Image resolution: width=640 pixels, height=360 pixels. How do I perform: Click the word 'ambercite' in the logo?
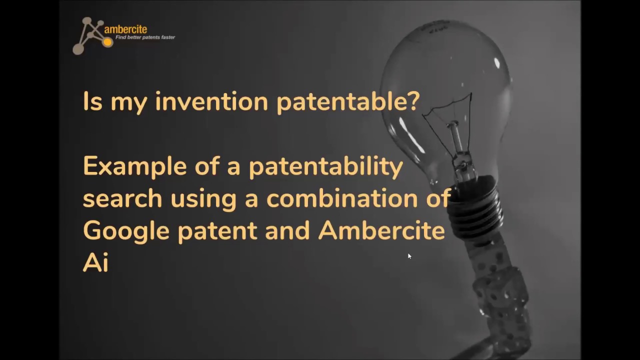(125, 29)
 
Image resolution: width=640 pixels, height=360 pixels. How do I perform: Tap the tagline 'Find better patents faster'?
(145, 37)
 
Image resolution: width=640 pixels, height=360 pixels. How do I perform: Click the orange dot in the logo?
(107, 42)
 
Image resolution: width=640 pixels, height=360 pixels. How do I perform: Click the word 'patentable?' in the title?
(348, 102)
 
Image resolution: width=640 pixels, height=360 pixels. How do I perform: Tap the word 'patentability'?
(325, 167)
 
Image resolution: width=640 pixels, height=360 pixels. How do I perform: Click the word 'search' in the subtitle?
(122, 198)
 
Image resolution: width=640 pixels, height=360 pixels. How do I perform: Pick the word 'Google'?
(126, 231)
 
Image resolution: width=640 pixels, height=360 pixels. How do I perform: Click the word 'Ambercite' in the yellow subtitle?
(381, 230)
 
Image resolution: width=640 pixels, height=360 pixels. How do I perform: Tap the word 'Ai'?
(95, 262)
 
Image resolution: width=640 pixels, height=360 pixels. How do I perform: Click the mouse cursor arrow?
(409, 256)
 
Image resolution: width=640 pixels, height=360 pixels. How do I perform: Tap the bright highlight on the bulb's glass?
(497, 63)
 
